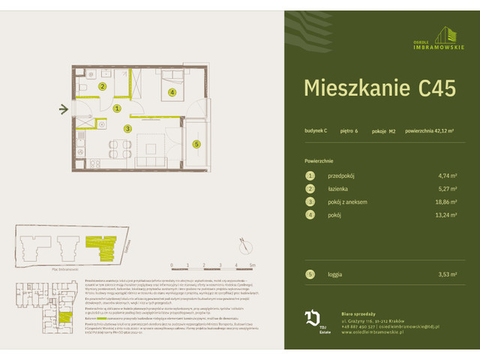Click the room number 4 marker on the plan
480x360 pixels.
coord(172,93)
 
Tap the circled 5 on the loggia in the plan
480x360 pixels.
coord(196,144)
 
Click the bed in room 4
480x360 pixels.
coord(172,82)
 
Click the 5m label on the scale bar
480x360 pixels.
coord(253,265)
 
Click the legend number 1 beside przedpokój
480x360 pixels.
coord(308,175)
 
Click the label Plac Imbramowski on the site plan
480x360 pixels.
coord(44,268)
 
